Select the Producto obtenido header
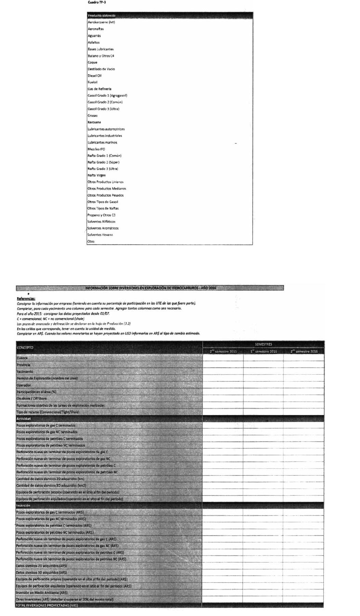[102, 15]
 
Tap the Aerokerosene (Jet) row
[101, 22]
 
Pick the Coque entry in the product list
[92, 62]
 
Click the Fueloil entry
[92, 82]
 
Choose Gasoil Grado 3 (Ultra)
[103, 109]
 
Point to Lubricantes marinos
[102, 142]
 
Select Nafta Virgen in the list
[96, 175]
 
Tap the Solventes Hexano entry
[100, 235]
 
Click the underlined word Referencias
[26, 299]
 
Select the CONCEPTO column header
[25, 348]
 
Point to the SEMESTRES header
[263, 344]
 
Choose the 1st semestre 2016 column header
[263, 351]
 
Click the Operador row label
[24, 385]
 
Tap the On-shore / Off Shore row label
[31, 398]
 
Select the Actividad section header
[24, 419]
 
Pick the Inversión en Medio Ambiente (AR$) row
[42, 593]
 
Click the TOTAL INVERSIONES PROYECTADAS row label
[47, 605]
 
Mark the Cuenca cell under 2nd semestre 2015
[223, 358]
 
